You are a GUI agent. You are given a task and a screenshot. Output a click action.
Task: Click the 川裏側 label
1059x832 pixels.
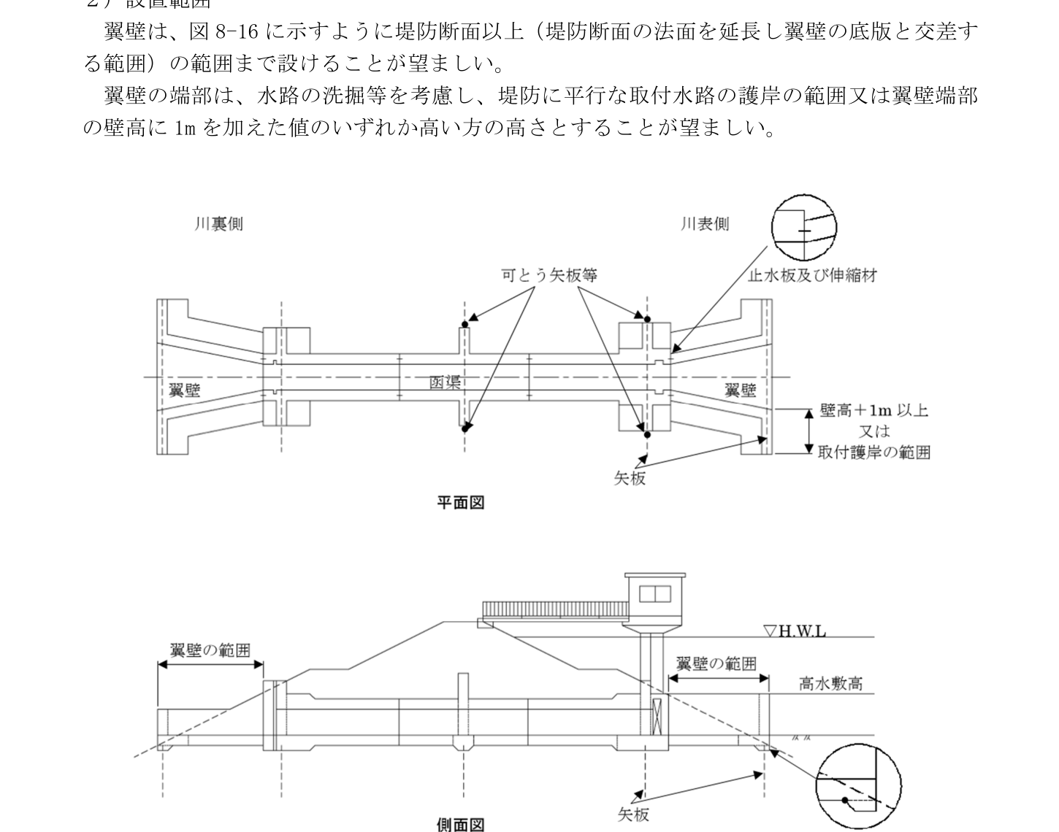pos(218,224)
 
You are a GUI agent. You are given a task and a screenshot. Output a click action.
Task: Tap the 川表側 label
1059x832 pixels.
pos(704,224)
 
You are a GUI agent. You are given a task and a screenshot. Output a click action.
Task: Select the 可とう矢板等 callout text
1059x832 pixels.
pos(549,275)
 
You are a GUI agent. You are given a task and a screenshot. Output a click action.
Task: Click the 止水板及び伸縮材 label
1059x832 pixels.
pos(812,275)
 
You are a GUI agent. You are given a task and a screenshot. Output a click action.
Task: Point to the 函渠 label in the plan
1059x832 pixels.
pos(444,382)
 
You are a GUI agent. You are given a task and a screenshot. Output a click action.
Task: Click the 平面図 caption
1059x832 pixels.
pos(460,502)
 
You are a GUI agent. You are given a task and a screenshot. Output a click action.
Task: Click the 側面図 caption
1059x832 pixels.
pos(460,825)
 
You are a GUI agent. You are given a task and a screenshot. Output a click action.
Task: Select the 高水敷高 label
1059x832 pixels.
pos(831,683)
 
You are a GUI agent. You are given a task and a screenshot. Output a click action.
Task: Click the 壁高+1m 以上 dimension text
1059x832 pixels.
pos(873,410)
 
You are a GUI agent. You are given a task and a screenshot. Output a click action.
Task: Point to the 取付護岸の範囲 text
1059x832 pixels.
pos(873,452)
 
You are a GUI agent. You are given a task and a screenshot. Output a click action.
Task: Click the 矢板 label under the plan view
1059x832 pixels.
pos(630,479)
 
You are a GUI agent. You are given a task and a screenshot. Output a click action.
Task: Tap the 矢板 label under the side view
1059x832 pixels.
pos(633,814)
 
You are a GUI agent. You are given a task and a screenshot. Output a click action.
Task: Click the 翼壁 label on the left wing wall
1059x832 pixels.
pos(185,390)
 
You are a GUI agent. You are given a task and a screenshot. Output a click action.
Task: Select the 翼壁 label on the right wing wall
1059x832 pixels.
pos(740,390)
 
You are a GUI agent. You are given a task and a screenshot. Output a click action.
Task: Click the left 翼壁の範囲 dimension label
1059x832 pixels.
pos(210,650)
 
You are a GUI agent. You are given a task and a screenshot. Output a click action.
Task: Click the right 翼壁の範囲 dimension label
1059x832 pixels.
pos(716,663)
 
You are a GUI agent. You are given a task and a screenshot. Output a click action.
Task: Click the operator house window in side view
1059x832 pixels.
pos(655,594)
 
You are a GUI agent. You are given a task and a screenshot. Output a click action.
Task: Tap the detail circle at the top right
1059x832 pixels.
pos(804,228)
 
